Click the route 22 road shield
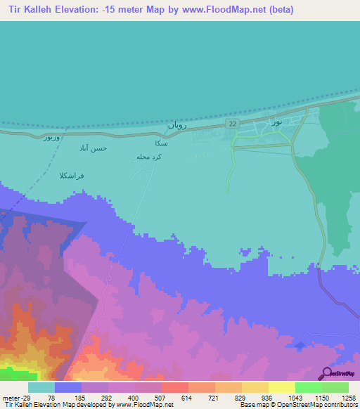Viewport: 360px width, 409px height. pos(232,124)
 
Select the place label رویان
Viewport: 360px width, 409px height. pos(175,125)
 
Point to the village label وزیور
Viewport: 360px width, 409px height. pos(53,138)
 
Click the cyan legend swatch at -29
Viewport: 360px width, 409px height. pos(41,387)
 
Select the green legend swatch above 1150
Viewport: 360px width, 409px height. pos(308,387)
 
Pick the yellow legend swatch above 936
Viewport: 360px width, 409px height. pos(255,387)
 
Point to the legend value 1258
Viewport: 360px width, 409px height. pos(349,398)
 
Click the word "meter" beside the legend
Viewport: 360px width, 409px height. pos(10,398)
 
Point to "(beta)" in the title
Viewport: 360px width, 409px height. pos(277,10)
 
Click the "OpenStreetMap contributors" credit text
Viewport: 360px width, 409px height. pos(316,405)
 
